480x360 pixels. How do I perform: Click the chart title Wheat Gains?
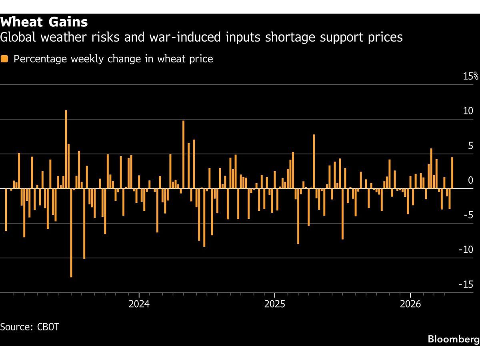pos(44,22)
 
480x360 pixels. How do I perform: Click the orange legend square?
pos(4,59)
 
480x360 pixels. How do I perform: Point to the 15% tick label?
pos(470,76)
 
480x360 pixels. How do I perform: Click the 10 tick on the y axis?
pos(468,111)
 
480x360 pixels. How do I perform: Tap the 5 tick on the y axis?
pos(470,146)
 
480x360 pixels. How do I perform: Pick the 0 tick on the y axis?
pos(471,180)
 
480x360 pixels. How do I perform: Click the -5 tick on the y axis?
pos(468,215)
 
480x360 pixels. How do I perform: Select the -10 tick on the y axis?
pos(466,250)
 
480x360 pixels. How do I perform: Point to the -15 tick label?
pos(466,284)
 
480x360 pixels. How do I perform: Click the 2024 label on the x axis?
pos(139,304)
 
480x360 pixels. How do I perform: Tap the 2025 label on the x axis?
pos(274,304)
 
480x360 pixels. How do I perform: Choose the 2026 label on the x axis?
pos(410,304)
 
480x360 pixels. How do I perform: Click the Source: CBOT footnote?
pos(30,326)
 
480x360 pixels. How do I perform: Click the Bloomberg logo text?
pos(453,339)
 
